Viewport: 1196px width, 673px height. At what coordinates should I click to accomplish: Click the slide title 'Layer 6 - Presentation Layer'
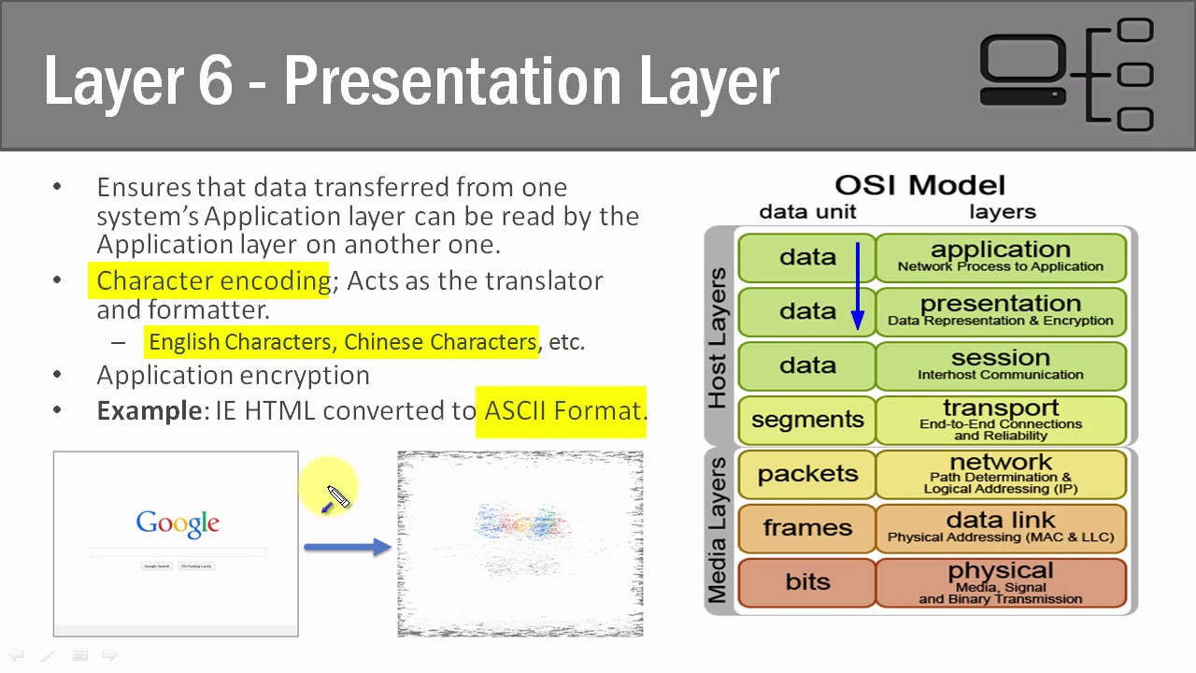(411, 80)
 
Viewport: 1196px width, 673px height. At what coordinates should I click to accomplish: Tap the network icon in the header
(1066, 75)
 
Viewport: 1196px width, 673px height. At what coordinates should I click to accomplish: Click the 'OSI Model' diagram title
(919, 185)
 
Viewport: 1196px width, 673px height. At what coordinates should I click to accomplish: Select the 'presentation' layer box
(1000, 311)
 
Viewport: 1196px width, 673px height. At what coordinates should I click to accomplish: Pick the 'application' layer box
(1000, 257)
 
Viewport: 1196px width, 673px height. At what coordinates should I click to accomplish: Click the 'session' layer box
(1000, 365)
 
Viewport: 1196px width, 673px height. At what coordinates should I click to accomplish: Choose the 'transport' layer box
(1000, 420)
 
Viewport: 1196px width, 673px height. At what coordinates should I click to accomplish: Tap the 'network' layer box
(1000, 474)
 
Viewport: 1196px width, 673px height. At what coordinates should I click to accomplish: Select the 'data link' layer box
(1000, 528)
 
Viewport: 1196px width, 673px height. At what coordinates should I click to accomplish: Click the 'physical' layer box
(1000, 582)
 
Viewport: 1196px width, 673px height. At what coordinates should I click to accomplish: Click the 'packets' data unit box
(807, 474)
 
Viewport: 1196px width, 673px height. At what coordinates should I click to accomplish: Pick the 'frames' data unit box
(807, 528)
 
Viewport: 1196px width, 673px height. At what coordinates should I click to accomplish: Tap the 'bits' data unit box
(807, 582)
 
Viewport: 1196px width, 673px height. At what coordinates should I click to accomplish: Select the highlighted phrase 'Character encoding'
(213, 280)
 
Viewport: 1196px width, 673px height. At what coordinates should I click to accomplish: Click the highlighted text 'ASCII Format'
(562, 410)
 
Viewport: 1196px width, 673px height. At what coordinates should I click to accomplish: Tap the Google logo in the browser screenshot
(178, 523)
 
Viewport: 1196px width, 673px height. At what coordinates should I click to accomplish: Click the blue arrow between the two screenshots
(347, 547)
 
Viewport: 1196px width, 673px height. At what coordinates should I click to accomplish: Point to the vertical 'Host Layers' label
(718, 337)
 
